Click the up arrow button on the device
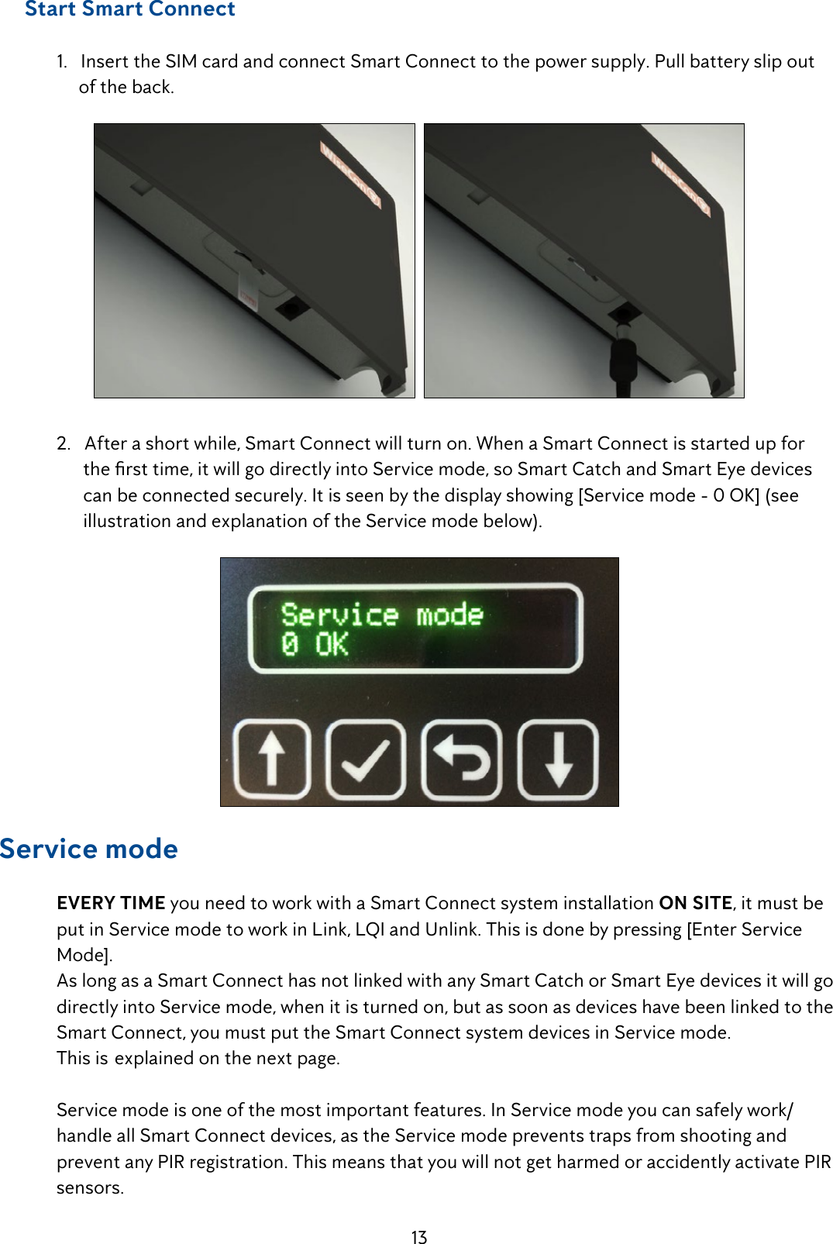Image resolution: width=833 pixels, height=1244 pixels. tap(271, 760)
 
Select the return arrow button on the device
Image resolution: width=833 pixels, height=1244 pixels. tap(462, 760)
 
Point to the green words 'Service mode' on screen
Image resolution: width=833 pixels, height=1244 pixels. tap(382, 615)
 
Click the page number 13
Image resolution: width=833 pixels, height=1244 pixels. tap(419, 1237)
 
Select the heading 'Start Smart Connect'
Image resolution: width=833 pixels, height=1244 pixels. tap(130, 9)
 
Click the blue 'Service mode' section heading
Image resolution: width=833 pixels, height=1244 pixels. tap(89, 849)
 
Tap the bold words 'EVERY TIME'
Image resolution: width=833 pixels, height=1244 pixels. tap(111, 903)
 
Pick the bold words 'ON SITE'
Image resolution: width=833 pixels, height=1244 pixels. tap(695, 903)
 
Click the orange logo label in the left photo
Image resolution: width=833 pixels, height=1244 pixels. tap(351, 174)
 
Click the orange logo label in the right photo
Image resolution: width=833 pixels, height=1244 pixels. tap(681, 184)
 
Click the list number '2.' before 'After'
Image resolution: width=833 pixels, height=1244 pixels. tap(64, 443)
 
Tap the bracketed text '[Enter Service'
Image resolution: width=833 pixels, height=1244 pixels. tap(744, 929)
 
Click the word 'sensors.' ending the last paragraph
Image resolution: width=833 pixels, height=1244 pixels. tap(90, 1187)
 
